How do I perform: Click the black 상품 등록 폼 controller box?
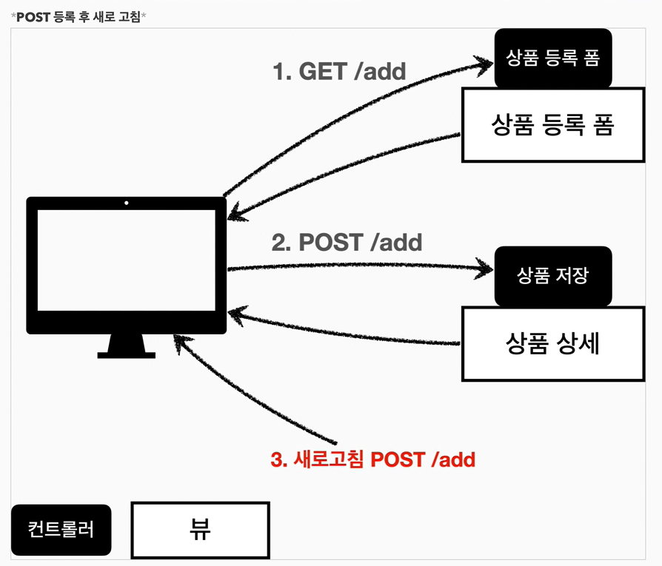tap(553, 58)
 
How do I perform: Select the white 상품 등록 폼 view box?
tap(552, 124)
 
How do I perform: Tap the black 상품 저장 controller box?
tap(553, 275)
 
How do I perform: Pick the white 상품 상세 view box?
tap(552, 344)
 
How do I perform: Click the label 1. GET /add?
tap(340, 72)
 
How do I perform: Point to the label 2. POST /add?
tap(347, 243)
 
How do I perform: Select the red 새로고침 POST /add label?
tap(372, 459)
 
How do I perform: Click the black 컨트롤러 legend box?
tap(61, 530)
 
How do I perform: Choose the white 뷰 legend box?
tap(200, 530)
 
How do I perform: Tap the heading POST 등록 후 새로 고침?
tap(80, 16)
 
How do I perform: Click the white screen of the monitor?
tap(126, 260)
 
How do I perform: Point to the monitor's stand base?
tap(127, 354)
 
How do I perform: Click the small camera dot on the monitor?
tap(127, 203)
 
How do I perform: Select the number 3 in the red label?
tap(277, 459)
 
